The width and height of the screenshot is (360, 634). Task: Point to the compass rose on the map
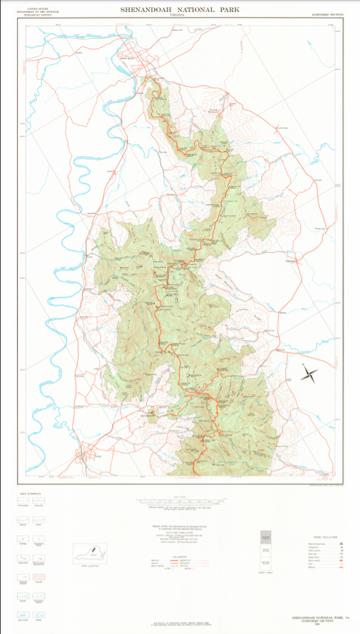[x=309, y=372]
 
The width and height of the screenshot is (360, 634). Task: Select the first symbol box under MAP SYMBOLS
[x=21, y=502]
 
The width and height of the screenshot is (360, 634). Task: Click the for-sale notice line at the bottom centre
[x=180, y=624]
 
